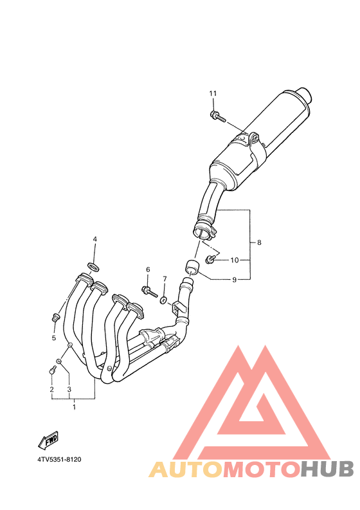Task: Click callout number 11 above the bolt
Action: pos(213,94)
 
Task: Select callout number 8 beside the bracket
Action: pos(259,242)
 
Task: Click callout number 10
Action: pos(235,260)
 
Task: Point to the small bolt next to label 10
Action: pos(210,259)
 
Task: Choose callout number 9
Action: pos(235,280)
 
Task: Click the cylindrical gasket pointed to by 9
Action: pos(192,267)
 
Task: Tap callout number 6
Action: pos(148,269)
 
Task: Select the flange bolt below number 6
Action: pos(149,291)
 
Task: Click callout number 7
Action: pos(165,278)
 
